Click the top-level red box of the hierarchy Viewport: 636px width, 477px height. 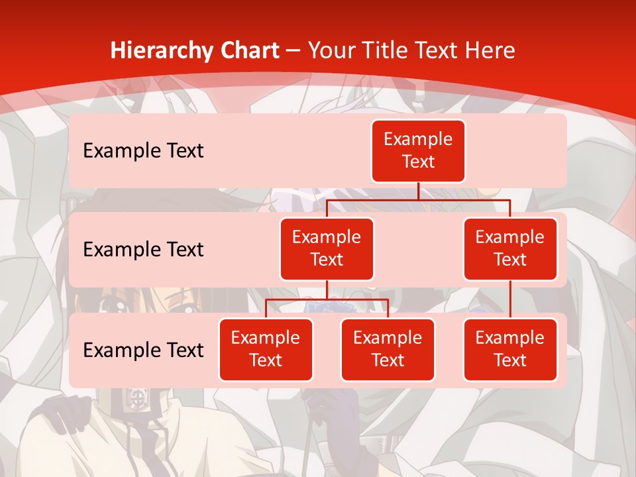(x=418, y=150)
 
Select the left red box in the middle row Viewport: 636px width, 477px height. (x=327, y=248)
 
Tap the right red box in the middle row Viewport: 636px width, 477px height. (x=510, y=248)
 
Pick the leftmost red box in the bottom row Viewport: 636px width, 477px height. (x=266, y=349)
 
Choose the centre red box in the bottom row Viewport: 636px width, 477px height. (x=388, y=349)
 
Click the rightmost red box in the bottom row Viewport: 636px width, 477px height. (x=510, y=349)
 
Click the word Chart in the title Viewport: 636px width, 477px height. (x=246, y=50)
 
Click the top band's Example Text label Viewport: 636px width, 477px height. (x=143, y=150)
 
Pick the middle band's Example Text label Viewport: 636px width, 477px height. (x=143, y=249)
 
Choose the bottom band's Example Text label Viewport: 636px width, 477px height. (x=143, y=350)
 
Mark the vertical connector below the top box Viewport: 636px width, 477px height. (x=418, y=191)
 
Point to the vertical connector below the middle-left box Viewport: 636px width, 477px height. (x=327, y=290)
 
